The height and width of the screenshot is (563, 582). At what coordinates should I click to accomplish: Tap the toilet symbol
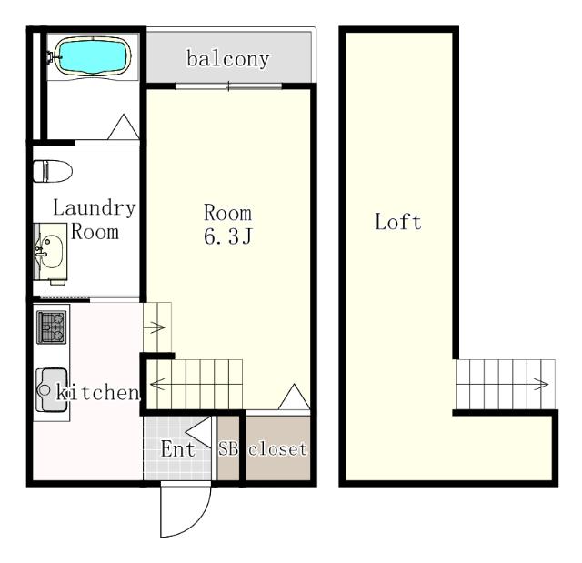(53, 171)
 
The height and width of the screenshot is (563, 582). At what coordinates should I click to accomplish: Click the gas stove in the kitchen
(52, 327)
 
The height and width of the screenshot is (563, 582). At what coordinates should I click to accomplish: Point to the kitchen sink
(52, 389)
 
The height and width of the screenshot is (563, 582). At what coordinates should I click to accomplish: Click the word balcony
(228, 59)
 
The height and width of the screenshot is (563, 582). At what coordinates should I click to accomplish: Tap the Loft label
(398, 222)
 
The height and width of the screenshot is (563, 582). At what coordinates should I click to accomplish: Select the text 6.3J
(228, 236)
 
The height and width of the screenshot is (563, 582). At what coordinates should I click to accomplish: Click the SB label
(228, 448)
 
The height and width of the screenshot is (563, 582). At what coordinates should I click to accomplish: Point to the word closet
(278, 449)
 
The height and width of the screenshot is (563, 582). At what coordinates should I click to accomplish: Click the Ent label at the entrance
(178, 449)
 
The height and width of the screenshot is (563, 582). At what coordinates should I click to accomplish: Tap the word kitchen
(97, 393)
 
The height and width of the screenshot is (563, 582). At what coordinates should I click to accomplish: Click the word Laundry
(94, 208)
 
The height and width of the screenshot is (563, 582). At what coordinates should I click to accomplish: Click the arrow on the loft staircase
(541, 384)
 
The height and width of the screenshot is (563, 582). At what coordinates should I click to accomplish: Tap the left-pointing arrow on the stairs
(157, 384)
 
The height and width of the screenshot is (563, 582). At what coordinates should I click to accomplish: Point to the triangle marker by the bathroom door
(124, 127)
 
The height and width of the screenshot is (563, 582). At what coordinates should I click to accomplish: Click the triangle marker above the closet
(294, 397)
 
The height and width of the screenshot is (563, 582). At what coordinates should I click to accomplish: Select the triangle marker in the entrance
(198, 432)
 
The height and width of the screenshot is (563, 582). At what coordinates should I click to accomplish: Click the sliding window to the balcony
(228, 86)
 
